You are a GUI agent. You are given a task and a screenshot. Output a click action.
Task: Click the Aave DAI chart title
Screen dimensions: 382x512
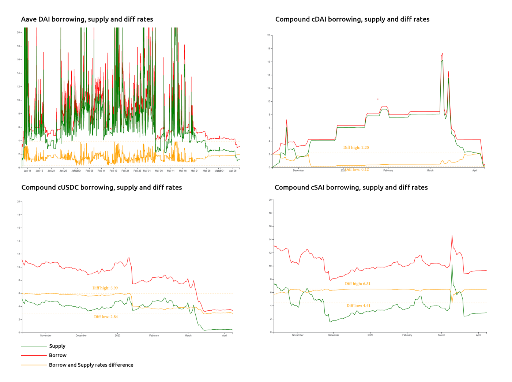point(87,19)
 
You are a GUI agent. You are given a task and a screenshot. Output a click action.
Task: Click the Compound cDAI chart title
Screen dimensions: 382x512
point(352,19)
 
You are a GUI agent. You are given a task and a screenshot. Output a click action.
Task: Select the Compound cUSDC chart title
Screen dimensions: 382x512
point(102,187)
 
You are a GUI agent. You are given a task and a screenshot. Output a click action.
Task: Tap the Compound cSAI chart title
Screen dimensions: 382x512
point(351,187)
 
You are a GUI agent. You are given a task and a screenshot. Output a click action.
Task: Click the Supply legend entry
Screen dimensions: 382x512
point(57,346)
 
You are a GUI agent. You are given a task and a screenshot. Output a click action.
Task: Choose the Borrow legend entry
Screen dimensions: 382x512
point(58,355)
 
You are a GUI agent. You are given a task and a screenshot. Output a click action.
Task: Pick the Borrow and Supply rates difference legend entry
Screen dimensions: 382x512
point(91,365)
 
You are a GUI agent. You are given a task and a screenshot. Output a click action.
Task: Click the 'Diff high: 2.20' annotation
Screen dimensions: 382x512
point(356,147)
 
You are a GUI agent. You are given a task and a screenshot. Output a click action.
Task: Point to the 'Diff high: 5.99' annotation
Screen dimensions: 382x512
point(105,288)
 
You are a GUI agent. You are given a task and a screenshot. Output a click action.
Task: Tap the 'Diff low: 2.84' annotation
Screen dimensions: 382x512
point(106,317)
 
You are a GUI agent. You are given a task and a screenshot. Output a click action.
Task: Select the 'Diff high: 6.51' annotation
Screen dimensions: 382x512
point(358,284)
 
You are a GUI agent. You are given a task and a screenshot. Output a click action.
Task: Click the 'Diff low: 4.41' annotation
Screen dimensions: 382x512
point(358,306)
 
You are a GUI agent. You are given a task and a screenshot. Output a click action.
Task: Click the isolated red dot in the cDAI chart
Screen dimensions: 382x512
point(378,99)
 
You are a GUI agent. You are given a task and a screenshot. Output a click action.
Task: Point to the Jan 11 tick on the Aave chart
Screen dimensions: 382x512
point(27,171)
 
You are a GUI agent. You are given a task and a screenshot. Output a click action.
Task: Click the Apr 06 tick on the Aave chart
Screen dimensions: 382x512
point(233,171)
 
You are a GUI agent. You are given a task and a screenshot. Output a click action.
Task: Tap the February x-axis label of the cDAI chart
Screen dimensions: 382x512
point(388,171)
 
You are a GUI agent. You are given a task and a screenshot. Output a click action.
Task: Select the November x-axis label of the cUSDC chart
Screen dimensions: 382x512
point(46,336)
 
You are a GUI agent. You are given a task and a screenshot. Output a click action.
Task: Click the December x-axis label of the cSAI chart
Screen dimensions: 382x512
point(333,335)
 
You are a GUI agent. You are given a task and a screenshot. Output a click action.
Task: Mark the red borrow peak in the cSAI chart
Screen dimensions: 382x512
point(452,236)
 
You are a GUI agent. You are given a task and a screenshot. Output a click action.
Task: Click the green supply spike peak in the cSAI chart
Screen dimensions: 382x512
point(452,265)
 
